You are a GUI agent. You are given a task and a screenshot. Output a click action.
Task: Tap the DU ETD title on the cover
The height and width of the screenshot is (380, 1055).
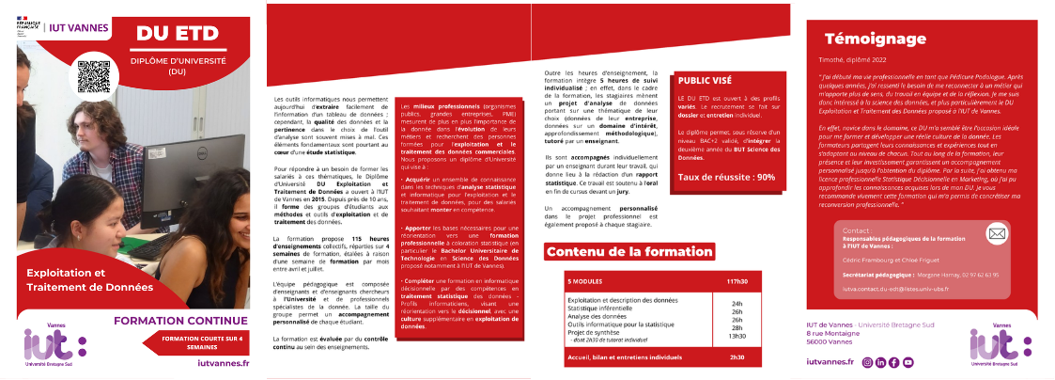coord(178,34)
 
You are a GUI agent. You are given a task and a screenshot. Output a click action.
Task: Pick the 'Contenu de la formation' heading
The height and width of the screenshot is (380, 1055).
coord(629,252)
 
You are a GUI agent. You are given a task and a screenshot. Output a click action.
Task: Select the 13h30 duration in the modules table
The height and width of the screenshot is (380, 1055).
coord(737,336)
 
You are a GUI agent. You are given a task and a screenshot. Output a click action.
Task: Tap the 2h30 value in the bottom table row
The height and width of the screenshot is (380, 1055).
coord(737,356)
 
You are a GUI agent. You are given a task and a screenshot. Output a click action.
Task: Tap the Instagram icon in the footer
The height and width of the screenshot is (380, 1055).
coord(867,361)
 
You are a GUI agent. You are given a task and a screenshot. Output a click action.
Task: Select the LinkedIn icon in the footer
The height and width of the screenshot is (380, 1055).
coord(881,361)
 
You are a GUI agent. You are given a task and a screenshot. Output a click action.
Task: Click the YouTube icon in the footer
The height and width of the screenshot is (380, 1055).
coord(908,361)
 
